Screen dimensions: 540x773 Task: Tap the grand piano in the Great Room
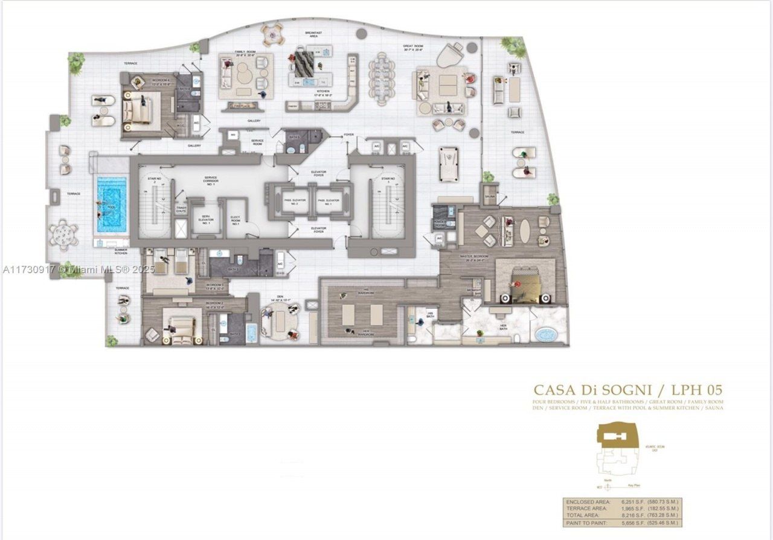tap(449, 56)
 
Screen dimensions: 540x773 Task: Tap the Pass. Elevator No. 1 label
tap(326, 202)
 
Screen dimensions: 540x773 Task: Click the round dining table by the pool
tap(63, 233)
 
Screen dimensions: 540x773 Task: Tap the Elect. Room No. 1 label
tap(235, 221)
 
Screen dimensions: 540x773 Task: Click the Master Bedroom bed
tap(523, 282)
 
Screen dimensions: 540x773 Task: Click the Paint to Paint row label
tap(583, 522)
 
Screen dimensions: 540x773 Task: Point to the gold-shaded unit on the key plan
tap(615, 434)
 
